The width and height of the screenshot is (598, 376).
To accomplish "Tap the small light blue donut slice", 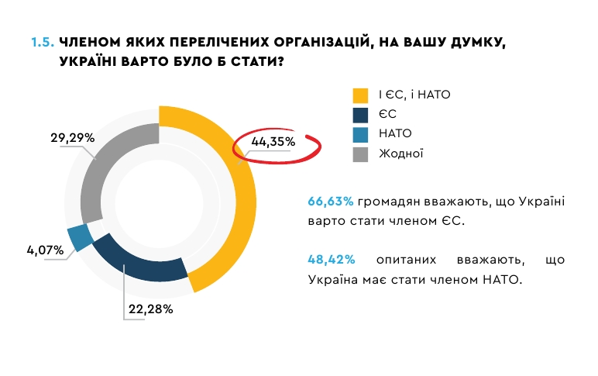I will (80, 238).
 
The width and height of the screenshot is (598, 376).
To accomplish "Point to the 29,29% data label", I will (73, 138).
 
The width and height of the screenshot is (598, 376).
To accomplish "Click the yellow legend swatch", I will (360, 95).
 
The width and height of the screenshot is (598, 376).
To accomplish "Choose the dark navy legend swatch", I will (360, 115).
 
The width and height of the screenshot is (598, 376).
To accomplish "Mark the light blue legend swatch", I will (360, 134).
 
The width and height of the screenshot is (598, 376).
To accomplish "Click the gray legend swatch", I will (360, 154).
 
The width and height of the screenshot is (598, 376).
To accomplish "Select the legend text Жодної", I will (400, 154).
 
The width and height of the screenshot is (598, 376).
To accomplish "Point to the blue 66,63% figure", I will (331, 202).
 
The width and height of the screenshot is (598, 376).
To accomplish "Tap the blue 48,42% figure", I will (331, 260).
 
